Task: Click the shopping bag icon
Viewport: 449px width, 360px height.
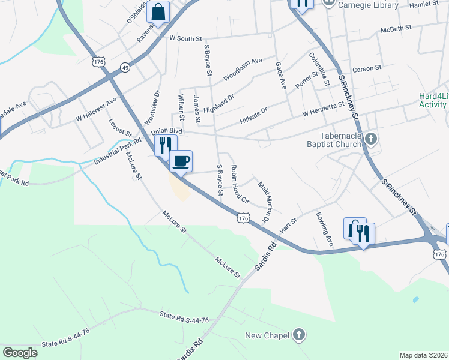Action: click(x=158, y=12)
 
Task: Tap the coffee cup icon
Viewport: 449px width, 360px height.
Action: click(x=181, y=161)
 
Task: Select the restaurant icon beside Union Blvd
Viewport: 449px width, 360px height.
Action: click(x=166, y=145)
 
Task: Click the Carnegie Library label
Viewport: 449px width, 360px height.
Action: click(x=368, y=5)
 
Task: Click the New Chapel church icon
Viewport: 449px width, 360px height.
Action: click(x=299, y=335)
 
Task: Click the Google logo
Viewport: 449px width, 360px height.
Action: click(x=20, y=353)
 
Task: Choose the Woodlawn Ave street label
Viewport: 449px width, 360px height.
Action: click(x=243, y=69)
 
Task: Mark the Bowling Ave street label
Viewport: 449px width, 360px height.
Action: click(x=324, y=230)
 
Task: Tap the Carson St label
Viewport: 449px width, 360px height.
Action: click(x=367, y=68)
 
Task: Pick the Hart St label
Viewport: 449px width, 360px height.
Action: click(x=288, y=227)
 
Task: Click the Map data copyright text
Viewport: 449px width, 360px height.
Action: click(x=424, y=355)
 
